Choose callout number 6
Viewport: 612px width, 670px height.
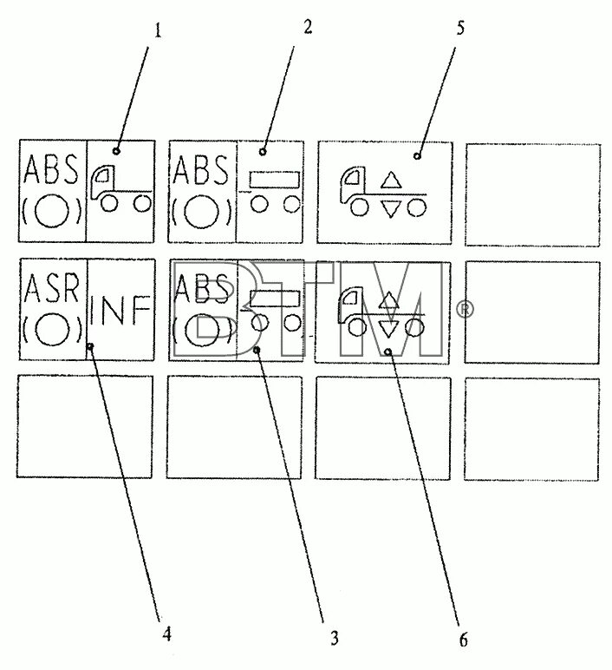tap(463, 640)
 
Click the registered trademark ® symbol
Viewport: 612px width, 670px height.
tap(466, 310)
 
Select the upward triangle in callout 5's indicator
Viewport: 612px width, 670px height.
tap(392, 181)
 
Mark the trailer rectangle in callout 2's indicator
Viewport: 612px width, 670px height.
tap(275, 180)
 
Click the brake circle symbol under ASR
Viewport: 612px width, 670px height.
tap(53, 329)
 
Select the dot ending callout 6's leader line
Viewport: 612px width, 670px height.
tap(389, 352)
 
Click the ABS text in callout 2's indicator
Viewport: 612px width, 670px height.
tap(202, 168)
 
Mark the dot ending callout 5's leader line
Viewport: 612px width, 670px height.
tap(416, 156)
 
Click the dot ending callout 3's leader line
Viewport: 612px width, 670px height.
tap(257, 350)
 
